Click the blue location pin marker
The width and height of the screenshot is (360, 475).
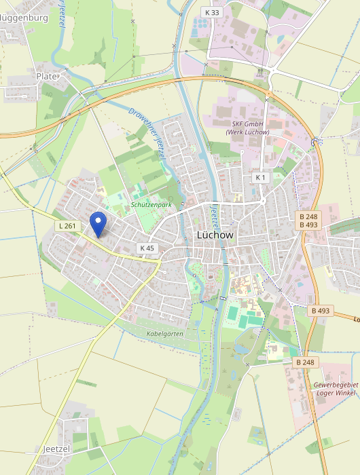pyautogui.click(x=99, y=222)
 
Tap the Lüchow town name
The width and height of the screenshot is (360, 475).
pyautogui.click(x=215, y=235)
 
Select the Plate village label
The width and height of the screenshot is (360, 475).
pyautogui.click(x=48, y=77)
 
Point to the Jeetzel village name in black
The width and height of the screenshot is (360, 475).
pyautogui.click(x=56, y=449)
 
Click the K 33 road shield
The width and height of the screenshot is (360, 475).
pyautogui.click(x=212, y=12)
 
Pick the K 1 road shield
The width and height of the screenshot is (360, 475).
pyautogui.click(x=262, y=177)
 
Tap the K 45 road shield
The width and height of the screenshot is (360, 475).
pyautogui.click(x=147, y=248)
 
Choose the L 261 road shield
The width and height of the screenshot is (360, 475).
pyautogui.click(x=67, y=225)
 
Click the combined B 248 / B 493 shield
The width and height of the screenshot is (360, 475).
pyautogui.click(x=308, y=221)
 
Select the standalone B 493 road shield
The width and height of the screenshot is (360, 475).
pyautogui.click(x=321, y=311)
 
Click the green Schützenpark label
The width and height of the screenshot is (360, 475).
pyautogui.click(x=151, y=204)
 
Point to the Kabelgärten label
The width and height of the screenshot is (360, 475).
pyautogui.click(x=165, y=334)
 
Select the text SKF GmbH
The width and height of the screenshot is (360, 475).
pyautogui.click(x=247, y=124)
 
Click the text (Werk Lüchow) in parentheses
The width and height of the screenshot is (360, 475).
pyautogui.click(x=247, y=132)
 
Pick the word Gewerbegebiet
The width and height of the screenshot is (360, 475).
pyautogui.click(x=336, y=385)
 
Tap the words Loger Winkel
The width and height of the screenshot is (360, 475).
pyautogui.click(x=336, y=393)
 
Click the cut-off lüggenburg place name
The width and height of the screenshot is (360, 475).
pyautogui.click(x=24, y=18)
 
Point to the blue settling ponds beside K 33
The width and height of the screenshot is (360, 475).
pyautogui.click(x=199, y=26)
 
